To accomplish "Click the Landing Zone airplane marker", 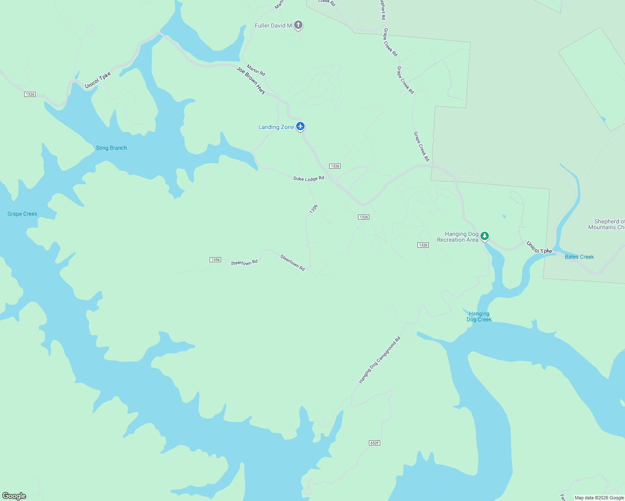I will tap(300, 126).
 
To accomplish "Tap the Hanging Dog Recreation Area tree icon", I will tap(485, 236).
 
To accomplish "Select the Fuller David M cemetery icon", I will tap(298, 25).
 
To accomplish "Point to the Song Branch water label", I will tap(111, 148).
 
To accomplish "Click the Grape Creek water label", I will tap(23, 214).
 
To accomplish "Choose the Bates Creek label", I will tap(579, 257).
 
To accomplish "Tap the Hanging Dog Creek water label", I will tap(479, 316).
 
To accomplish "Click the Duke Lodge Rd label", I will tap(309, 179).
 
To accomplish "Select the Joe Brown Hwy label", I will tap(251, 80).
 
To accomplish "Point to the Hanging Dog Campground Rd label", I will tap(379, 360).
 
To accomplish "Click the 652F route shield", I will tap(375, 443).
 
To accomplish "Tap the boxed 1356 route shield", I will tap(215, 260).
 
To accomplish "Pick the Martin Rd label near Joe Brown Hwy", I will tap(256, 70).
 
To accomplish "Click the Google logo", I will tap(14, 496).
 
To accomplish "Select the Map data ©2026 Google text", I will tap(599, 498).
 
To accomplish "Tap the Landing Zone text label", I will tap(276, 127).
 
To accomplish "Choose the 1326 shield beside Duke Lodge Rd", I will tap(335, 166).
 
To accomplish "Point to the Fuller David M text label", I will tap(273, 25).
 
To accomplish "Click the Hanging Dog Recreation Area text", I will tap(457, 237).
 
